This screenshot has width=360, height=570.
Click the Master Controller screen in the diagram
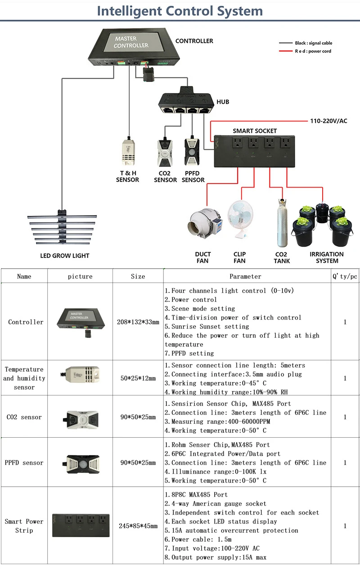[x=131, y=43]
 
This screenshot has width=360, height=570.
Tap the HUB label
[x=223, y=102]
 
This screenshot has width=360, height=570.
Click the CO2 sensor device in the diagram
[x=165, y=153]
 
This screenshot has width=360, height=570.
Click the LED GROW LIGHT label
[x=65, y=256]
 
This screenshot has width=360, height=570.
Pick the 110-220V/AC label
[x=328, y=121]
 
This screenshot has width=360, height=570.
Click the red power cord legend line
[x=286, y=51]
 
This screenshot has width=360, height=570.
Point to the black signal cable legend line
[x=286, y=43]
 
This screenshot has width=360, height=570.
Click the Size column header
[x=138, y=276]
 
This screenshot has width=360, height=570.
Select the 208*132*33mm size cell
[x=138, y=322]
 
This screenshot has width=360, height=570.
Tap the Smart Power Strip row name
[x=24, y=526]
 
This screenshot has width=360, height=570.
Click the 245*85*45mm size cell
[x=138, y=526]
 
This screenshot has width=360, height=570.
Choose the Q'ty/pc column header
[x=345, y=276]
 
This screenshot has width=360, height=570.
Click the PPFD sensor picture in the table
[x=80, y=463]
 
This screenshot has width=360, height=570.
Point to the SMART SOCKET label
[x=255, y=131]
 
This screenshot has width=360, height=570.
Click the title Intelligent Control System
[x=180, y=11]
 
